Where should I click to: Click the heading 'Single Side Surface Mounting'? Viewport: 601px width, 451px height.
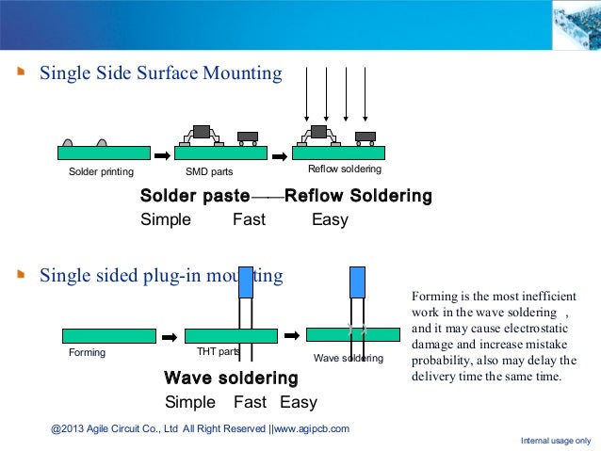tap(160, 73)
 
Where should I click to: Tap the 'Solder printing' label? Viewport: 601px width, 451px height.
tap(101, 172)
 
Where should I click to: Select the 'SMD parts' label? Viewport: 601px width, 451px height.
tap(209, 172)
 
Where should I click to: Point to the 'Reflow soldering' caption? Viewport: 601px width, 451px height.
tap(345, 169)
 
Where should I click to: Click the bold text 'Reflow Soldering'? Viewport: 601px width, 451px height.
tap(358, 197)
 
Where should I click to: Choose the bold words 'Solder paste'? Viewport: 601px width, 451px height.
tap(194, 197)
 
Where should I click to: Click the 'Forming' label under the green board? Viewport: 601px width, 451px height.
tap(88, 353)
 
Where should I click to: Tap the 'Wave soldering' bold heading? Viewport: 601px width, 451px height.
tap(231, 379)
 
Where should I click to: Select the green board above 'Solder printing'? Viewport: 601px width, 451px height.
tap(104, 153)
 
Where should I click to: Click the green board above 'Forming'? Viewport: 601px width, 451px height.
tap(108, 335)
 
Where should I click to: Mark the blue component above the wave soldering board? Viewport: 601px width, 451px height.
tap(357, 282)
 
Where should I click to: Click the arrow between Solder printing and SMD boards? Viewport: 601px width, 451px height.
tap(163, 154)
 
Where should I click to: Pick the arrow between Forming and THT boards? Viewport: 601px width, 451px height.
tap(170, 336)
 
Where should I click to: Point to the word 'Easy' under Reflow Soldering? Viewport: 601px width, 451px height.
tap(330, 220)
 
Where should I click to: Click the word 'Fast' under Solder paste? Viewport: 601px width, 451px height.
tap(249, 220)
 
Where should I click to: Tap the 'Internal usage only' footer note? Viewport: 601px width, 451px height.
tap(556, 441)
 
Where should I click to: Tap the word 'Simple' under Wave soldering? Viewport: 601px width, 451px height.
tap(190, 403)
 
